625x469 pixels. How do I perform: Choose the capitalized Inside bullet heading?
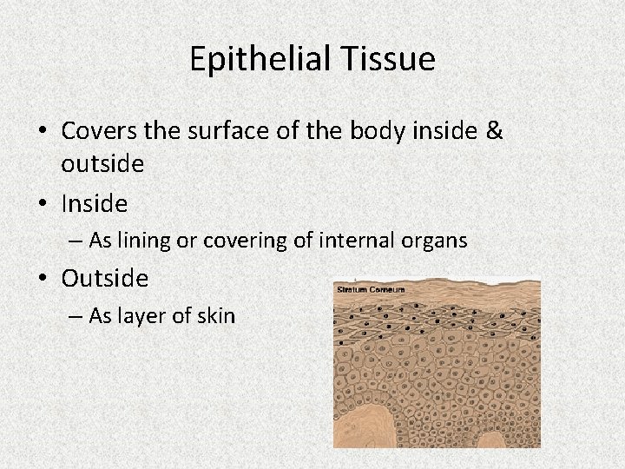coord(95,204)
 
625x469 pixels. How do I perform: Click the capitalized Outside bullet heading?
coord(105,279)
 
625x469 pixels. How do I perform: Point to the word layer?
coord(144,315)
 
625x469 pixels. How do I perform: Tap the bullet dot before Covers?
coord(43,131)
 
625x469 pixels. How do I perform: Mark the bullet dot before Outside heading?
coord(43,280)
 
